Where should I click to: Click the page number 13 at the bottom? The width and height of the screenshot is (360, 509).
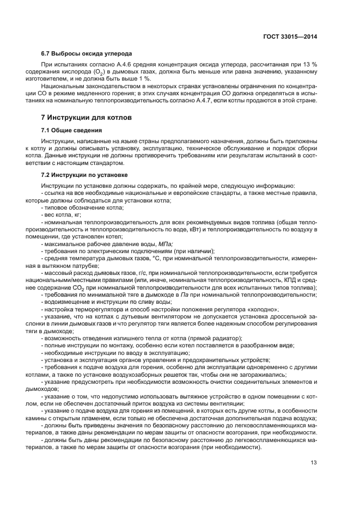coord(314,463)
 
